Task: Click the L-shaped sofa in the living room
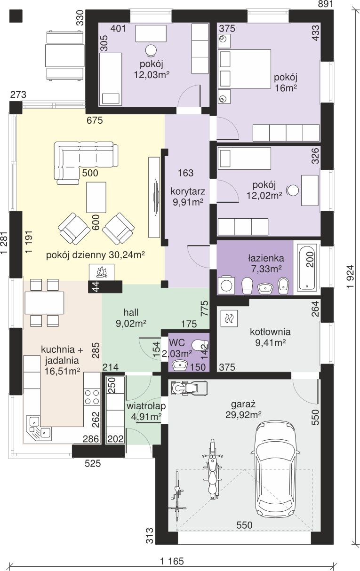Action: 86,162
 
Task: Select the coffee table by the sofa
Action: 96,197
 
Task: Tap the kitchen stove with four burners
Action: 92,397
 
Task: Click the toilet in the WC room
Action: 200,345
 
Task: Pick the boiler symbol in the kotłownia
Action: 229,318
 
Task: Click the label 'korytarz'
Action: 188,191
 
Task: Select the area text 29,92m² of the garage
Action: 243,415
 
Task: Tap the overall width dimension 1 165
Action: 172,561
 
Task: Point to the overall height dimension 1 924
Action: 350,277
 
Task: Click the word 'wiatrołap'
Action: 146,405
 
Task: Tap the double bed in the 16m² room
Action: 244,69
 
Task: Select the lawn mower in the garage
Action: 189,389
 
